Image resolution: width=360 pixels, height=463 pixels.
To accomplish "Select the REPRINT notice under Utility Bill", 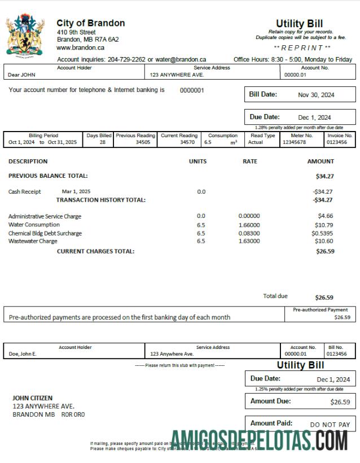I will [x=302, y=48].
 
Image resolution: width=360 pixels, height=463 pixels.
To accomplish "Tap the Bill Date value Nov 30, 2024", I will [x=316, y=95].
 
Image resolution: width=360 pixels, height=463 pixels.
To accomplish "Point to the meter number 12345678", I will [x=294, y=143].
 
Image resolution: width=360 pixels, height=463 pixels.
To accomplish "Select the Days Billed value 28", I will [x=102, y=143].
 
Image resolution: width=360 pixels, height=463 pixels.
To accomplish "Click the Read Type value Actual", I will [x=256, y=143].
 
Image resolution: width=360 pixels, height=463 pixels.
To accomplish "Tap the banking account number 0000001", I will [x=192, y=90].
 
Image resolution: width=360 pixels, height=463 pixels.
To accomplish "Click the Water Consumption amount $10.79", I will [x=326, y=225].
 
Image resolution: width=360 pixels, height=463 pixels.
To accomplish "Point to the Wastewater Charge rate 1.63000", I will [x=249, y=241].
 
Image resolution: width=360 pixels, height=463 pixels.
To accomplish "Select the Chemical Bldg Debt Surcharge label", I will [x=45, y=233].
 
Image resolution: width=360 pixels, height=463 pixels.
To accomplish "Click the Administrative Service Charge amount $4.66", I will [x=326, y=216].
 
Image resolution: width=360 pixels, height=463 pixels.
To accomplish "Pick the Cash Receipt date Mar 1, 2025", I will [x=76, y=191].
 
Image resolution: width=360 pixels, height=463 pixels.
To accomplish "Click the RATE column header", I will [x=249, y=161].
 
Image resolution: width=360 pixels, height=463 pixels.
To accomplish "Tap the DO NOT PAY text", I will [x=330, y=425].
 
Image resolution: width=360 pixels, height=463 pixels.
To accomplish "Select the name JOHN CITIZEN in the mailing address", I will [x=33, y=398].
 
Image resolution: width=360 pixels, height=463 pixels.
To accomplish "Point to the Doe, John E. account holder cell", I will [x=23, y=354].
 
